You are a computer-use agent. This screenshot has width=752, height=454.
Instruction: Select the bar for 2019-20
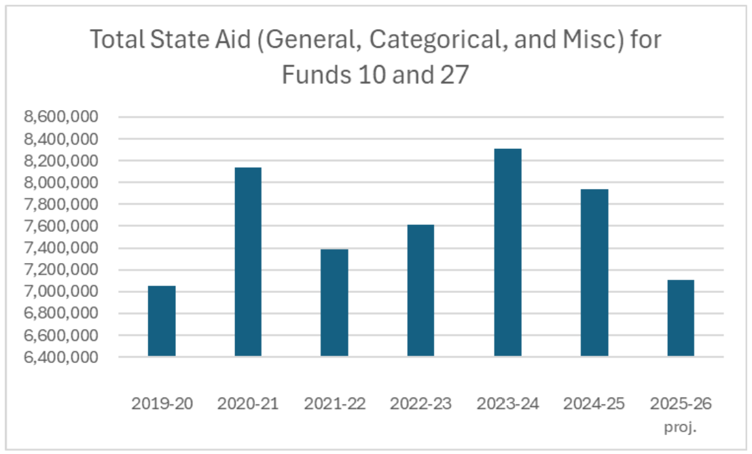162,321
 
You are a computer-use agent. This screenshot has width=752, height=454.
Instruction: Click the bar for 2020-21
248,262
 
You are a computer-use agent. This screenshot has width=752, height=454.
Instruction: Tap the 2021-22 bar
334,302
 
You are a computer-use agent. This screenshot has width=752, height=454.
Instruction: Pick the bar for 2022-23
420,290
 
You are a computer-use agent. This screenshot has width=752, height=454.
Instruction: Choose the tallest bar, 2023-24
507,252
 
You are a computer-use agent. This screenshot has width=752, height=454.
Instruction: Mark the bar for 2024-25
594,273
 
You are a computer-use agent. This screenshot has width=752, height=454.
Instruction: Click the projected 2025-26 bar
681,318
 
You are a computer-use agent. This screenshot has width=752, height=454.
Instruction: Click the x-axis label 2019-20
162,404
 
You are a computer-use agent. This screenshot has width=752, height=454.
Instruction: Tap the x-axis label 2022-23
420,404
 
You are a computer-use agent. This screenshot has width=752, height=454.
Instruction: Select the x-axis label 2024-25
594,404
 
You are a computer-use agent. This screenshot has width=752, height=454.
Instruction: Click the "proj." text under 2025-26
681,429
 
